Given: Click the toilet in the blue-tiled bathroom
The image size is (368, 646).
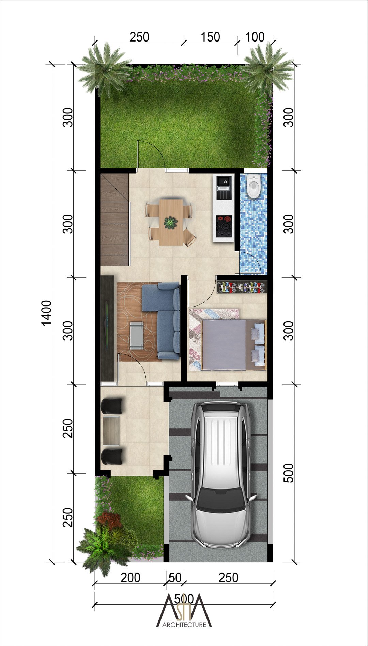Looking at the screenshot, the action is coord(254,186).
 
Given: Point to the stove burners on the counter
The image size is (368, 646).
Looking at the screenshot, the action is coord(224,226).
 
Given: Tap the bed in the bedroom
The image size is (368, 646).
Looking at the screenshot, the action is coord(233,345).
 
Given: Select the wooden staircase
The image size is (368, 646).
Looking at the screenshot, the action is coord(115,220).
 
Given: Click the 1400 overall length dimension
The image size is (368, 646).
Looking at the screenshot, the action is coord(46,313).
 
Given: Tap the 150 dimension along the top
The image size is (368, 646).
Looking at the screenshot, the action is coord(210,37).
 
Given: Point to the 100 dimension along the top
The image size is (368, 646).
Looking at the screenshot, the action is coord(255,37).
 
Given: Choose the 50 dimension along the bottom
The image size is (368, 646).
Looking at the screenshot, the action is coord(175,577).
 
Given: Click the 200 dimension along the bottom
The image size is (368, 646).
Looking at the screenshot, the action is coord(131,577).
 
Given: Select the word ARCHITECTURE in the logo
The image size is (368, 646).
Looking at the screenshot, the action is coord(184,625).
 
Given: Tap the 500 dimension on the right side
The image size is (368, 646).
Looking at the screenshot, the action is coord(288,473).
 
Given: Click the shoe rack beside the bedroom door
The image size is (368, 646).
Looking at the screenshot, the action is coord(242,287).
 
